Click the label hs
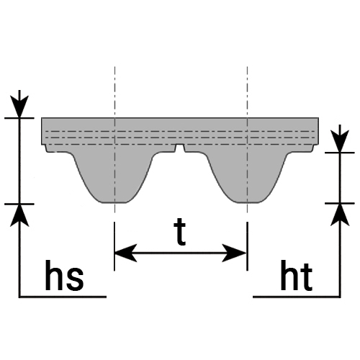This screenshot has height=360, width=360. click(64, 275)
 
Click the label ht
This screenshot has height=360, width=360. click(297, 275)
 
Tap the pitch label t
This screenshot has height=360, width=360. click(180, 233)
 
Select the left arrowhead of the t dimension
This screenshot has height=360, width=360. click(126, 253)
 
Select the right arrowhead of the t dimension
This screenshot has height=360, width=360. click(235, 253)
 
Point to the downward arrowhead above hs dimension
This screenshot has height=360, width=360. click(19, 107)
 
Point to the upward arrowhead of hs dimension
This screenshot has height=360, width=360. click(19, 215)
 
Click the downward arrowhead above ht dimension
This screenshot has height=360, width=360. click(340, 141)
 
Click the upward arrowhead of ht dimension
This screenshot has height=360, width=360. click(340, 215)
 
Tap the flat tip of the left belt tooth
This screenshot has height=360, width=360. click(114, 202)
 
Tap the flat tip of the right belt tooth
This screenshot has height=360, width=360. click(247, 202)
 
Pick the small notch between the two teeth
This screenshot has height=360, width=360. click(180, 148)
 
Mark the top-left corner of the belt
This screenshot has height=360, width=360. click(42, 118)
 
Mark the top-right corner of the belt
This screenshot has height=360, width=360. click(318, 118)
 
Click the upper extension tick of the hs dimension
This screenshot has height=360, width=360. click(19, 118)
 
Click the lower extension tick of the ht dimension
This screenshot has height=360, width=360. click(340, 203)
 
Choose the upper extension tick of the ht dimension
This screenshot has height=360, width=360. click(340, 153)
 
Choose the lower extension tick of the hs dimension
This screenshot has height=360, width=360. click(19, 204)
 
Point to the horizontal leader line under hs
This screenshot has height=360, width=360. click(63, 297)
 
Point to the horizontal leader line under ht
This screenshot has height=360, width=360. click(297, 297)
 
